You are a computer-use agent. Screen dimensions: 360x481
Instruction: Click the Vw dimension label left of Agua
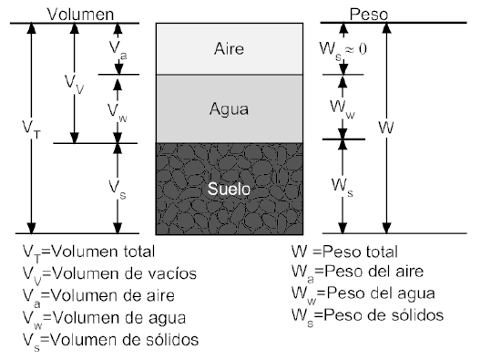point(117,111)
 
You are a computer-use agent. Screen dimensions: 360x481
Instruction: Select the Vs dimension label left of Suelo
point(117,186)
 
